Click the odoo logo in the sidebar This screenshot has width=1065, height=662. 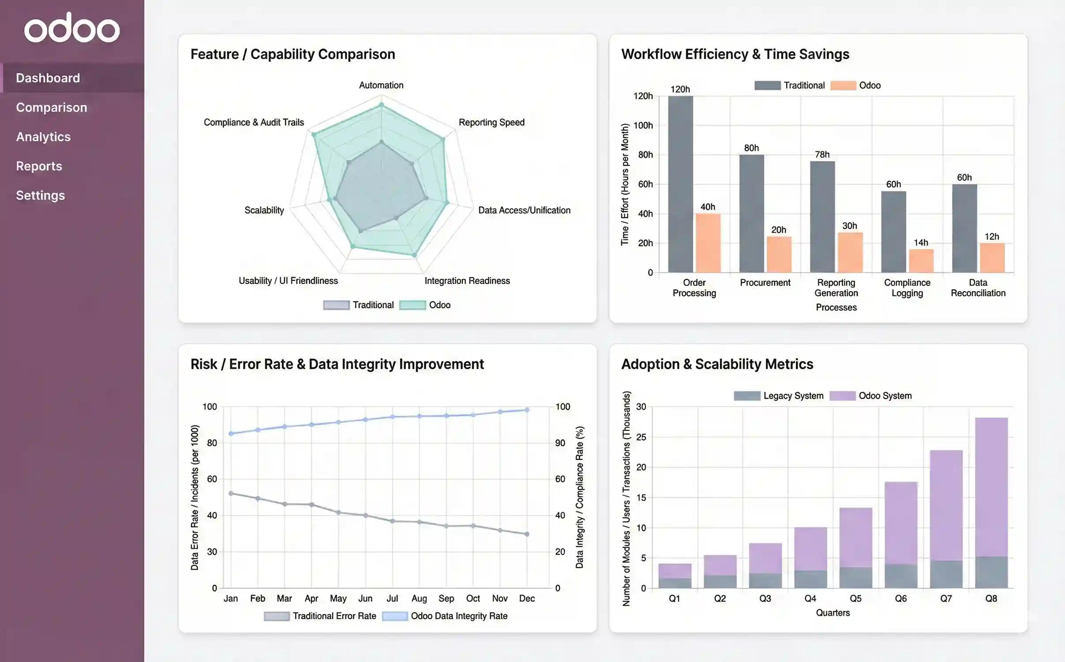[x=72, y=28]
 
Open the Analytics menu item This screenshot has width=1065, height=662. [x=43, y=137]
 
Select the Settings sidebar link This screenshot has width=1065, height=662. [x=40, y=195]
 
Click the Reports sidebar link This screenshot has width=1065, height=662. [x=39, y=166]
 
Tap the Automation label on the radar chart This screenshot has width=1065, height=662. [x=381, y=85]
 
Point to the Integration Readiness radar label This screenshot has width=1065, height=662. [x=467, y=281]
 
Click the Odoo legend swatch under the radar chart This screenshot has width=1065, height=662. [x=412, y=305]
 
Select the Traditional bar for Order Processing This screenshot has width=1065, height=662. [x=680, y=185]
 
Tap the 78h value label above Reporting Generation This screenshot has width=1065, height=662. [x=822, y=154]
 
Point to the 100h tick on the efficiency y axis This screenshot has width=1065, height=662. [x=643, y=125]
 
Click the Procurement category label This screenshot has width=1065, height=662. [x=765, y=283]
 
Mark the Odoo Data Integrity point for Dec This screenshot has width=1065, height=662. [x=527, y=410]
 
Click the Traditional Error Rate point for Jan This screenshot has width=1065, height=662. [x=231, y=494]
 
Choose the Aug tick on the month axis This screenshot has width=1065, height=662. [x=419, y=598]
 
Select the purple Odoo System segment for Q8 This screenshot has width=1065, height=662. [x=991, y=485]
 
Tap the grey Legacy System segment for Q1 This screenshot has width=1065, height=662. [x=675, y=583]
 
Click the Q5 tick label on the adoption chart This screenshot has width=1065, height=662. [x=855, y=598]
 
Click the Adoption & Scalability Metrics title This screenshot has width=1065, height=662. [x=717, y=364]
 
